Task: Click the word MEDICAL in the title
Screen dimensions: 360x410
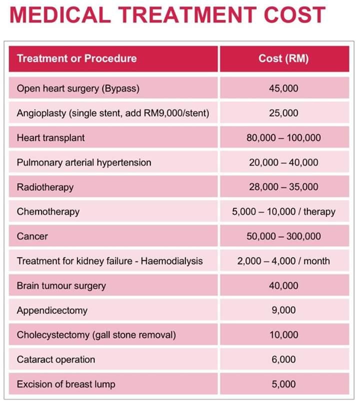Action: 60,15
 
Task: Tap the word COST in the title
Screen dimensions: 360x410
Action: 294,15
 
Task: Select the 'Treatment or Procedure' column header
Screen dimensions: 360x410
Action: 77,58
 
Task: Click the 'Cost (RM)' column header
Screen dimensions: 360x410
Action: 283,58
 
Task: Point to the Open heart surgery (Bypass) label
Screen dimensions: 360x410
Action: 78,88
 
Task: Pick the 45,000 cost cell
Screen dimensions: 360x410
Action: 283,88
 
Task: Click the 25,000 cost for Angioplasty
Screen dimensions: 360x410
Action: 283,113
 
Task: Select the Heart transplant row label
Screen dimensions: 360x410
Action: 50,138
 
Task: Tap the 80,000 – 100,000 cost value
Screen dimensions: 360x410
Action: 283,138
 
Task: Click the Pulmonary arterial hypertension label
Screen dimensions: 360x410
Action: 84,162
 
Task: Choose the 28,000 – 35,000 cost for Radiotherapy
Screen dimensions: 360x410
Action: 283,187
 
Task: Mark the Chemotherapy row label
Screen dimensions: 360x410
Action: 48,212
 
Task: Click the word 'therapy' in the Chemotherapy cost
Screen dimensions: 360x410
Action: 319,212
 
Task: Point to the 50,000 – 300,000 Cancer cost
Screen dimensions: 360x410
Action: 283,236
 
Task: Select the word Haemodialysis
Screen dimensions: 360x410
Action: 172,261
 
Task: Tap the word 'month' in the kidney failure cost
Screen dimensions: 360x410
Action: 316,261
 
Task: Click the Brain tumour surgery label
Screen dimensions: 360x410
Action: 61,286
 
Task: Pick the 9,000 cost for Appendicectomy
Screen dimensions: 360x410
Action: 283,310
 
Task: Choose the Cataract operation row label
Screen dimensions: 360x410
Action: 56,360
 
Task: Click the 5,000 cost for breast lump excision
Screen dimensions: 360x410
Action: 283,384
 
